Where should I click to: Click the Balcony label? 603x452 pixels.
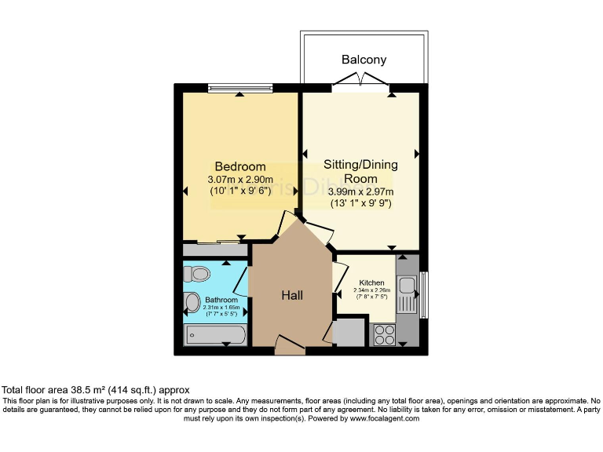click(x=364, y=60)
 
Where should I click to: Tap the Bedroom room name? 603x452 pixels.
click(x=240, y=166)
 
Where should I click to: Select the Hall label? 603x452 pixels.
click(x=292, y=295)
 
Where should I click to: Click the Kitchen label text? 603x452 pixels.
click(x=371, y=282)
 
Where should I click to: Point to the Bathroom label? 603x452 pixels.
click(x=221, y=300)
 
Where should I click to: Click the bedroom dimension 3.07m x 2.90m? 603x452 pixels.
click(x=240, y=179)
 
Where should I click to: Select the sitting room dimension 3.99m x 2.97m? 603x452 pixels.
click(x=361, y=191)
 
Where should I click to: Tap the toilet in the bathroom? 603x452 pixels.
click(x=197, y=274)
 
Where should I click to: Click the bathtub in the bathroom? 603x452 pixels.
click(x=214, y=336)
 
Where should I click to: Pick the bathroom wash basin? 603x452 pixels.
click(x=191, y=303)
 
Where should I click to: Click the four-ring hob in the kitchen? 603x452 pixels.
click(x=383, y=335)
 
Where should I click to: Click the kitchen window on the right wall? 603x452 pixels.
click(x=424, y=294)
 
